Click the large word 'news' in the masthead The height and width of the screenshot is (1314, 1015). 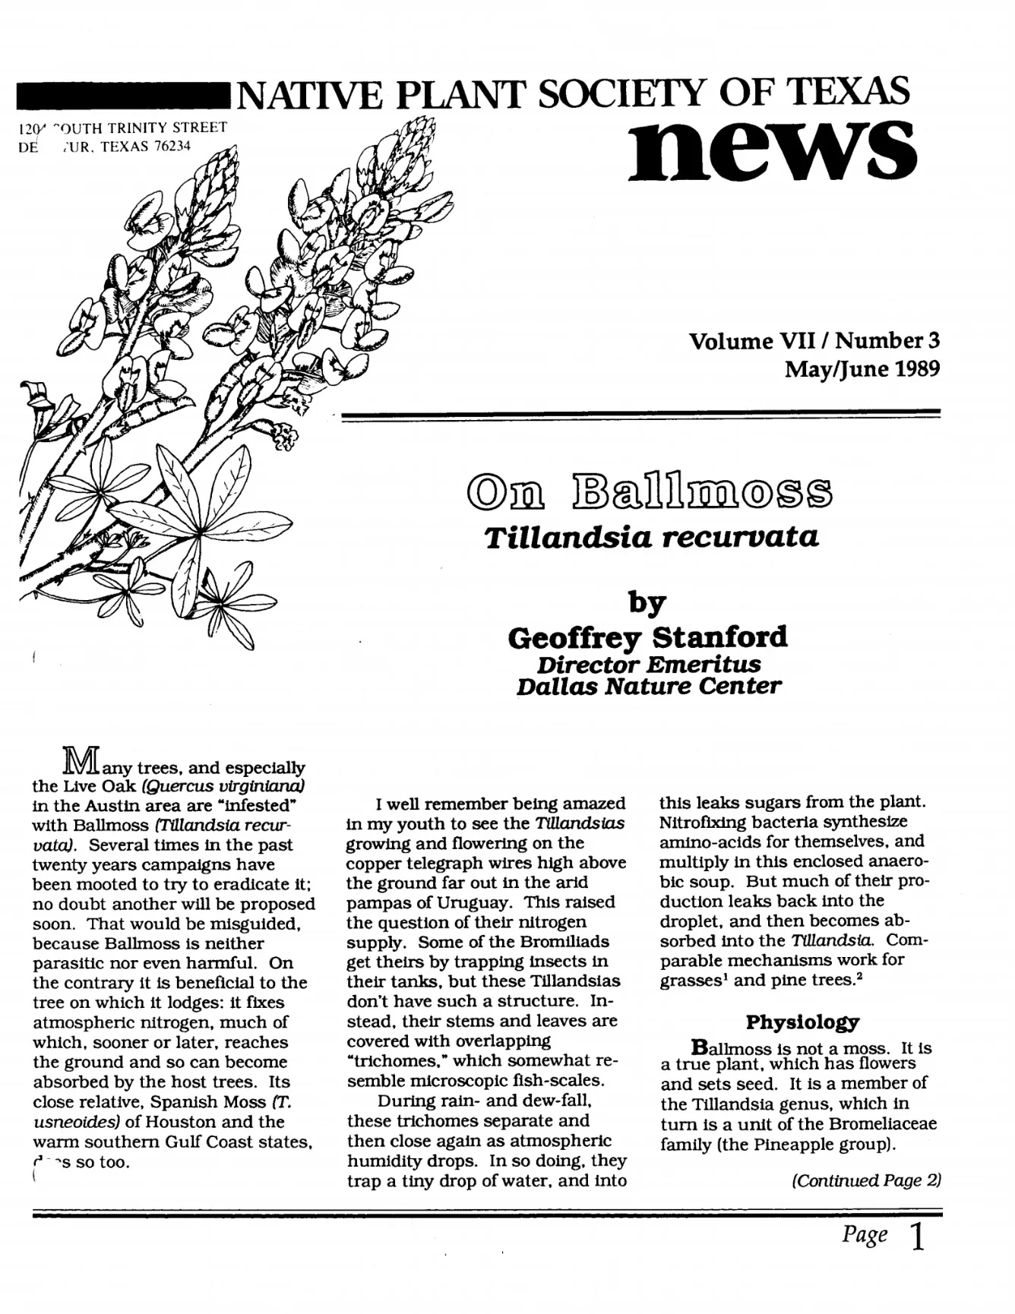tap(773, 148)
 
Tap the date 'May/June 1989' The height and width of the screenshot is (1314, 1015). tap(862, 370)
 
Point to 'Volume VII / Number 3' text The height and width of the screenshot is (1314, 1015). tap(814, 341)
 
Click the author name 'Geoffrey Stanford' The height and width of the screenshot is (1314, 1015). tap(647, 636)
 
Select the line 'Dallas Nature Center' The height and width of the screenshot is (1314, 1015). tap(647, 687)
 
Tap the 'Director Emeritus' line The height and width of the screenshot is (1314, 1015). tap(647, 664)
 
